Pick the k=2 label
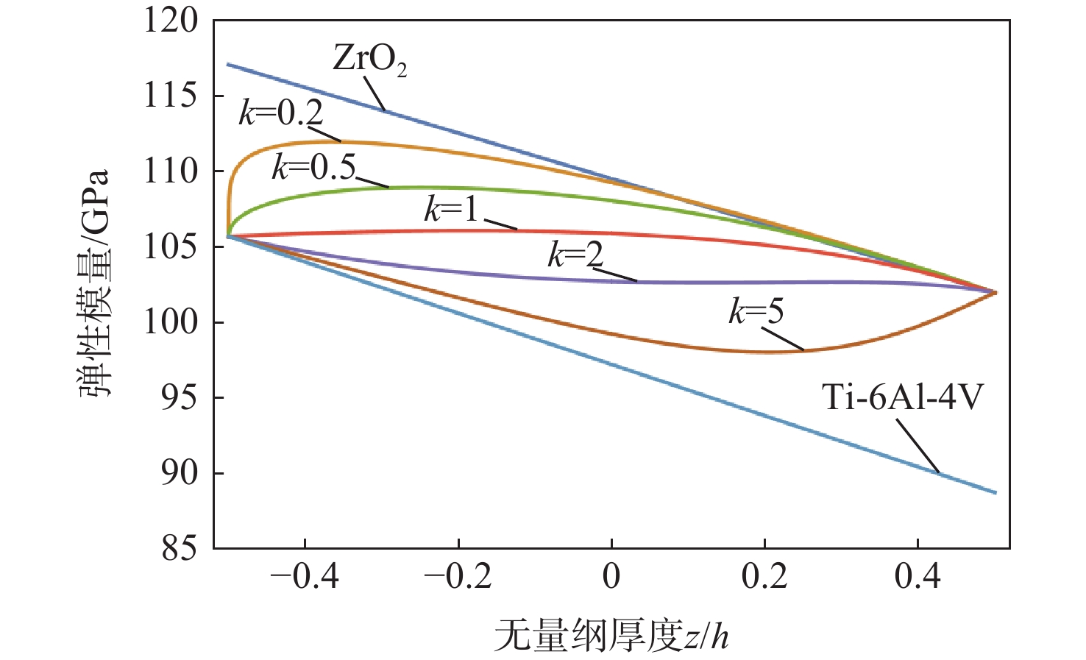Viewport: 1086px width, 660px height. click(575, 255)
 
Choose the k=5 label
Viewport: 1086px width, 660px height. click(756, 312)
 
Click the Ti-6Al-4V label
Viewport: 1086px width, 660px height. click(903, 398)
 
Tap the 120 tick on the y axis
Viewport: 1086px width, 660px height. click(171, 20)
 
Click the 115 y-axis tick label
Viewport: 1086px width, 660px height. click(171, 96)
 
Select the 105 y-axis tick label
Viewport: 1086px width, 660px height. click(171, 246)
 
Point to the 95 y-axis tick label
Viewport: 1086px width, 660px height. click(180, 397)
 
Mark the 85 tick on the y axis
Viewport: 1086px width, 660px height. click(180, 548)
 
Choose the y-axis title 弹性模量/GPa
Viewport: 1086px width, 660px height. click(95, 283)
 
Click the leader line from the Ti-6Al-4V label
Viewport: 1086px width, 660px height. click(918, 446)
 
